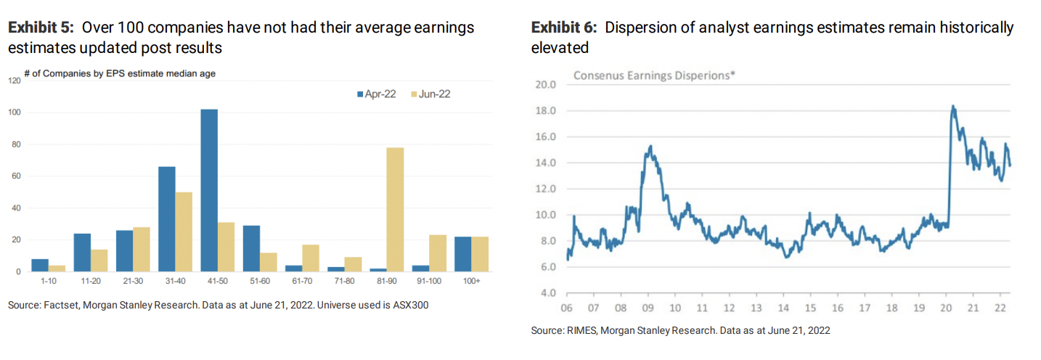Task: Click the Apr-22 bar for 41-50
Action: coord(209,190)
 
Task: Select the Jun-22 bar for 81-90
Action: coord(396,209)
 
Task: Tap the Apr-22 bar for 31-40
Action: coord(166,218)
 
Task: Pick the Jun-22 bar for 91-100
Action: coord(438,253)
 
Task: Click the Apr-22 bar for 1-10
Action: coord(40,265)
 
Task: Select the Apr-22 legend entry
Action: coord(376,94)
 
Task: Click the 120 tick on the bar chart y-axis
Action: coord(15,81)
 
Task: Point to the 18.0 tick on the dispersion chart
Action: coord(545,110)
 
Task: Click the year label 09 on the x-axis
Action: coord(648,307)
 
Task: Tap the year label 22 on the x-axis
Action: coord(1000,307)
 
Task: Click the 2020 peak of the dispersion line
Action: coord(952,107)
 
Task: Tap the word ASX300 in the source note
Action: coord(409,306)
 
